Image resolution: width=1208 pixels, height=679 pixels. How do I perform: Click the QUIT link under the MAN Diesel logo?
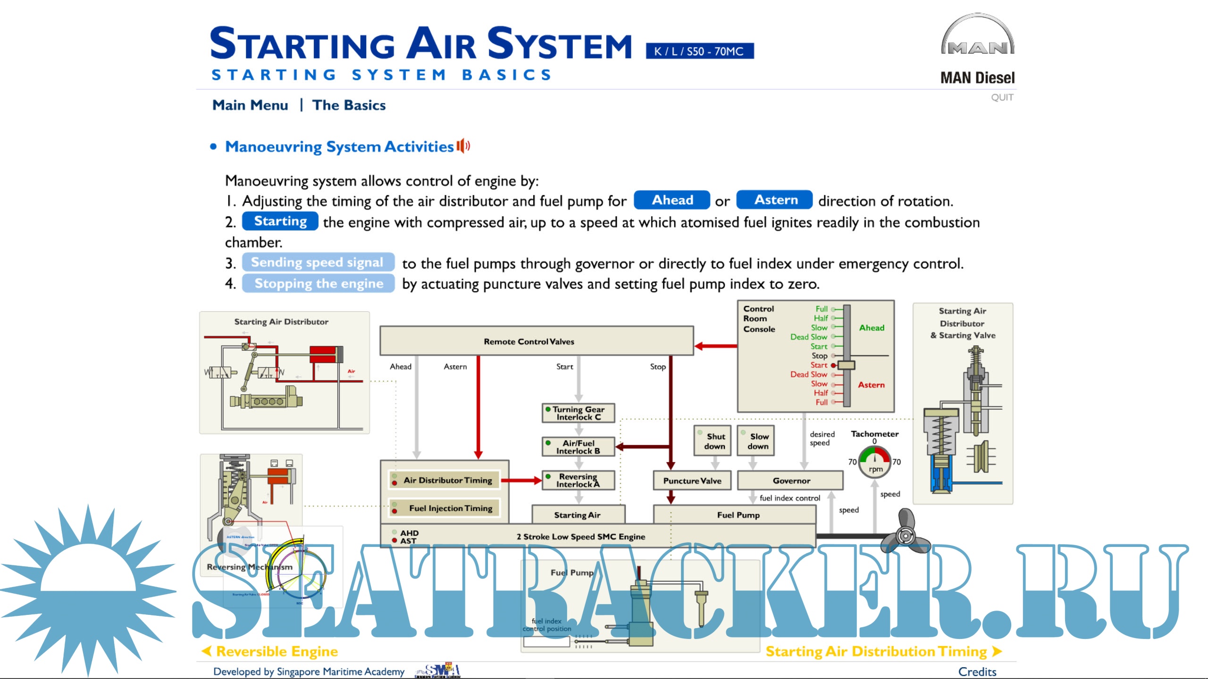point(1002,98)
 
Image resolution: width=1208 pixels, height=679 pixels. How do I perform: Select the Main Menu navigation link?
point(250,105)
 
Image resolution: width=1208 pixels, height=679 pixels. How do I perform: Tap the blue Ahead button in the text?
point(671,200)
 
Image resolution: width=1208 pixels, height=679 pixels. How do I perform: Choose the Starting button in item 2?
point(280,221)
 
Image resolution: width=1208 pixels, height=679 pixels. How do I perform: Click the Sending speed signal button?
point(318,262)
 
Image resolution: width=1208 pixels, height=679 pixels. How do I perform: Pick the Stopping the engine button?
point(319,283)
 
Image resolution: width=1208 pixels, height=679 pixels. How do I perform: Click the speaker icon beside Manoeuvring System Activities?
point(463,146)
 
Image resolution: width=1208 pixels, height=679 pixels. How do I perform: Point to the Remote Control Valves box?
point(537,341)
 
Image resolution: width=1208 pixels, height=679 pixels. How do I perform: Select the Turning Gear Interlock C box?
point(578,413)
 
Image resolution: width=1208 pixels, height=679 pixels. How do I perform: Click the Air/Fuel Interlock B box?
point(578,447)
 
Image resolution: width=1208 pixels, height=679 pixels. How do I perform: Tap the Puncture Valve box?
point(692,480)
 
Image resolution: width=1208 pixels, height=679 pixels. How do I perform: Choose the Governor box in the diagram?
point(790,480)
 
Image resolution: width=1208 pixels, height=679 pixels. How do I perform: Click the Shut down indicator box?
point(713,441)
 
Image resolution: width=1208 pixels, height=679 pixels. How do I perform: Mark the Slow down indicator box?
point(756,441)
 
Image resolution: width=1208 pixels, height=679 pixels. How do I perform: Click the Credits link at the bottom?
point(977,671)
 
